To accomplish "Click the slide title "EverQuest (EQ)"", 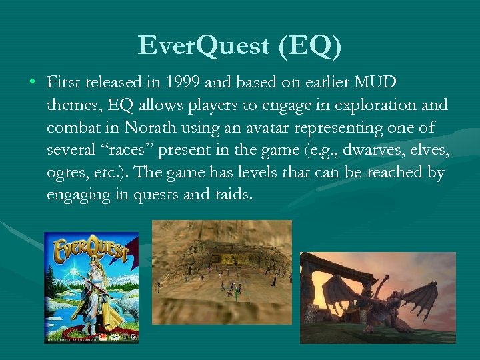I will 240,45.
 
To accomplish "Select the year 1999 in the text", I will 187,83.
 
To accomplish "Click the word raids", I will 233,195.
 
